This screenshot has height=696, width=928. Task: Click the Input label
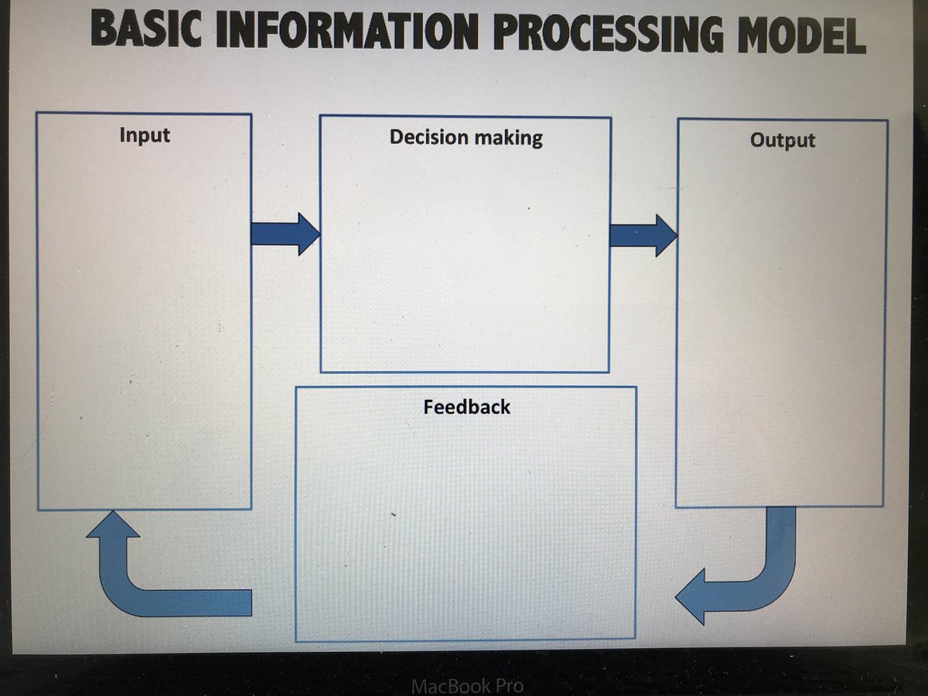coord(145,135)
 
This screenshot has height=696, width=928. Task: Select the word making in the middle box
coord(509,138)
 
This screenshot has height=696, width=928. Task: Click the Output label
coord(783,141)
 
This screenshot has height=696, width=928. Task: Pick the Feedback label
coord(466,407)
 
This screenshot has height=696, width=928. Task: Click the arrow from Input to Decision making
coord(285,234)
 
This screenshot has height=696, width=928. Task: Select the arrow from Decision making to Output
coord(643,236)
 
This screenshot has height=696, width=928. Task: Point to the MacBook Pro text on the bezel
coord(467,685)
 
